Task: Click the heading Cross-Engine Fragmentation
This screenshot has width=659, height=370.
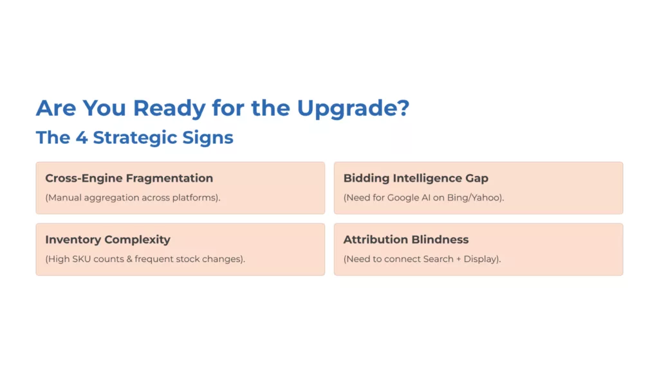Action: point(129,178)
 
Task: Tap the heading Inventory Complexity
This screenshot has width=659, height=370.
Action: point(107,240)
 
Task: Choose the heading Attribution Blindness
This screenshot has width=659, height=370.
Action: point(405,240)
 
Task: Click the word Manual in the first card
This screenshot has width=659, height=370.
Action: point(65,197)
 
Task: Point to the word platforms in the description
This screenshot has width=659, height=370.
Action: point(194,197)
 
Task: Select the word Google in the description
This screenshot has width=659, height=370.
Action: point(404,197)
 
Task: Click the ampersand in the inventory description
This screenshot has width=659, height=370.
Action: point(129,259)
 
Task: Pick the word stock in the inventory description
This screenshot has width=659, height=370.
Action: point(190,259)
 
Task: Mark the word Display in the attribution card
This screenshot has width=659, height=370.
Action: point(480,259)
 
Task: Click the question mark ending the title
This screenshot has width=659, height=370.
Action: point(402,108)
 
